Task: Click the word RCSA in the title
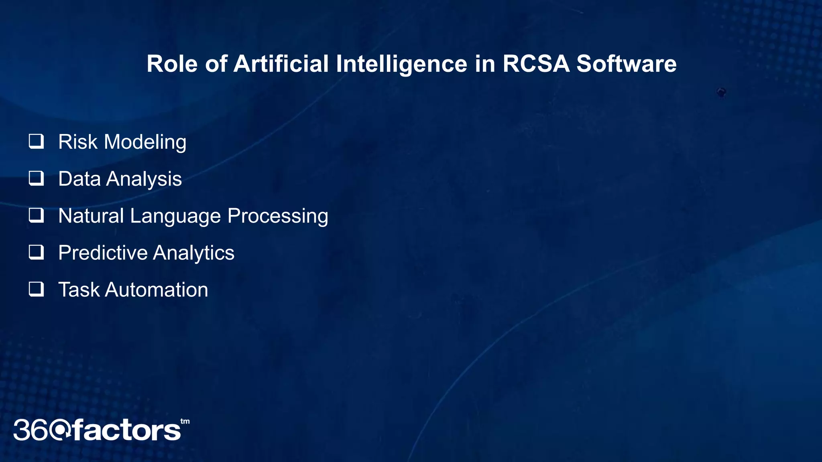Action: tap(535, 64)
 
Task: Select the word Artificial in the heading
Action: tap(281, 64)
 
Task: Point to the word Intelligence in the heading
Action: tap(401, 64)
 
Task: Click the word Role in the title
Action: tap(172, 64)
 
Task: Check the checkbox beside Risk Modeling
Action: tap(36, 141)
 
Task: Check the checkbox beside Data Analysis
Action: tap(36, 178)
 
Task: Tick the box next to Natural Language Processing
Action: tap(36, 215)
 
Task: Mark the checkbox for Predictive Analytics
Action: tap(36, 252)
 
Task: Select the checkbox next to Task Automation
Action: tap(36, 289)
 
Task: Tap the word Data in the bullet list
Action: tap(79, 179)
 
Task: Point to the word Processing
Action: tap(278, 216)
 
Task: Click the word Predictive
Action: tap(103, 253)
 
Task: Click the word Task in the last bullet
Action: tap(78, 290)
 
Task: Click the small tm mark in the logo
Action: tap(185, 421)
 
